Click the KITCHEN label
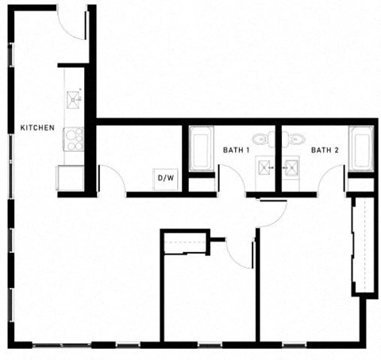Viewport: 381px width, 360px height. point(37,127)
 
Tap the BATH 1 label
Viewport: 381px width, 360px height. point(236,149)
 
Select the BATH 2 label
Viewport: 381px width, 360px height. point(325,149)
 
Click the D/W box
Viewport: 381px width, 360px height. point(166,178)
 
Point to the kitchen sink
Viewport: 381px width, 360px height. point(74,98)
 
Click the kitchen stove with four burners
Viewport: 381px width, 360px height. point(74,139)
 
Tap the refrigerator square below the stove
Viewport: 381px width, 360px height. point(70,177)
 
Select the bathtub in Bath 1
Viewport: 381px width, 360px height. point(199,150)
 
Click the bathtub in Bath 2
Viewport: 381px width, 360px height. point(361,148)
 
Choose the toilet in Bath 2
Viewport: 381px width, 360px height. point(295,140)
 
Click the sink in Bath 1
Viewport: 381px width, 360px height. point(264,167)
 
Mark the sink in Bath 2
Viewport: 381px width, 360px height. point(292,167)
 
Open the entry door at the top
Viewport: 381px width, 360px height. point(72,22)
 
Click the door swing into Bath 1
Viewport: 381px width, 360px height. point(230,179)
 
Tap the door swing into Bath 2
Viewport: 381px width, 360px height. point(332,179)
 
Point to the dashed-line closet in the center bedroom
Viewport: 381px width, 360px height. point(184,243)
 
